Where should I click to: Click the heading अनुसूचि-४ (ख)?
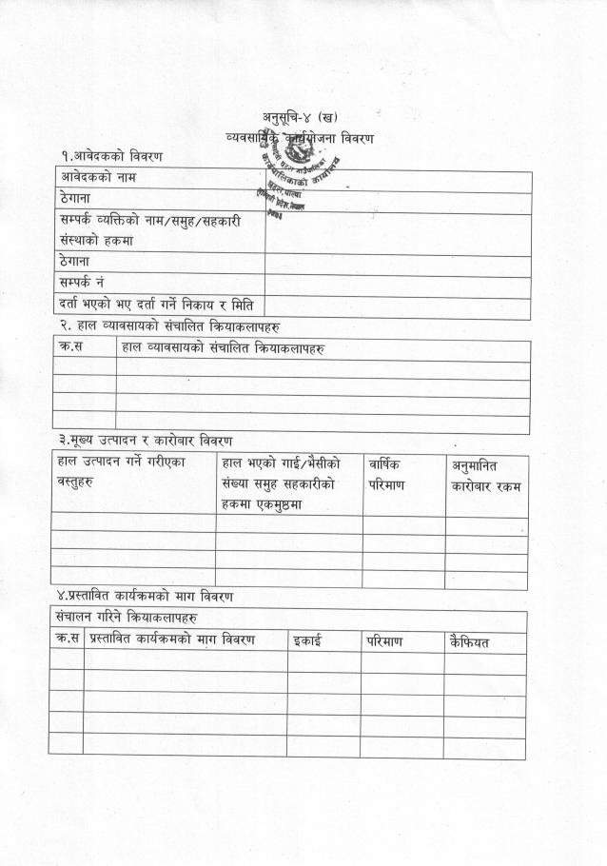pyautogui.click(x=300, y=117)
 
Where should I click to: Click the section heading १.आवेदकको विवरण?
pyautogui.click(x=108, y=155)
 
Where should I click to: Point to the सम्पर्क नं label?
pyautogui.click(x=82, y=283)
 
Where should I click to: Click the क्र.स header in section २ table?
pyautogui.click(x=72, y=348)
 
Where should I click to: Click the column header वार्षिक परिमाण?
pyautogui.click(x=386, y=474)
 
